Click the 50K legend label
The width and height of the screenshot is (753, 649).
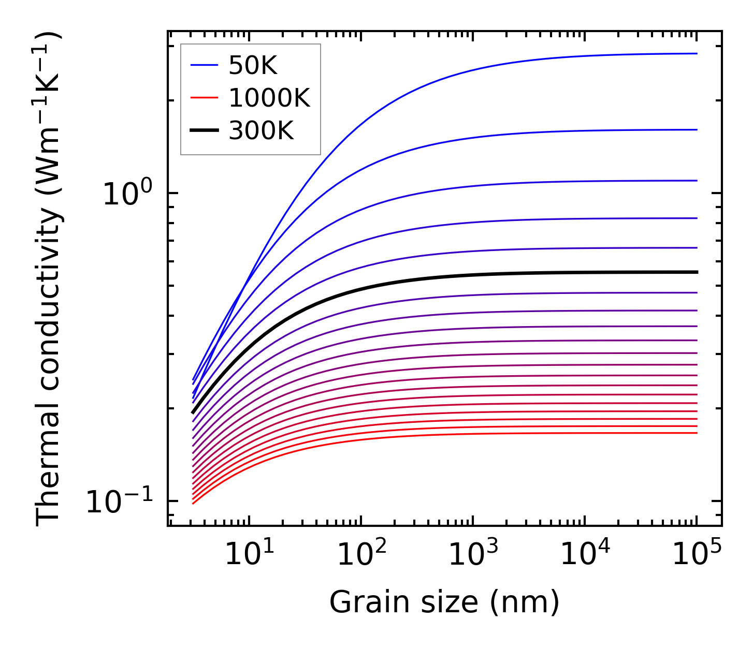[253, 65]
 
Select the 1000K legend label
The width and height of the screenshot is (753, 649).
[269, 98]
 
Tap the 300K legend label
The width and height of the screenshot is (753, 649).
[260, 131]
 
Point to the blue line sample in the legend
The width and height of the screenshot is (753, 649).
[205, 65]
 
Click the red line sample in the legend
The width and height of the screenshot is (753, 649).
[205, 98]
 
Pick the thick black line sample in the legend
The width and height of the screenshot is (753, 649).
[205, 131]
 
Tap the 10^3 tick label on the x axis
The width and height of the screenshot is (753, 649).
[473, 555]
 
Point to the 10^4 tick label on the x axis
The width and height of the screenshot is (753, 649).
[585, 555]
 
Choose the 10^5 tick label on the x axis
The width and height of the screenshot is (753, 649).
[697, 555]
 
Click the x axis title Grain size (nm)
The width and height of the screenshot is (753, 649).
[444, 603]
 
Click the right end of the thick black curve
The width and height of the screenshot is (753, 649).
[697, 272]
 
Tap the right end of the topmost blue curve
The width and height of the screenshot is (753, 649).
[697, 53]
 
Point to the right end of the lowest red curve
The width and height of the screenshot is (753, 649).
[697, 433]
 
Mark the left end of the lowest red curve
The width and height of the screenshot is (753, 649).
[193, 503]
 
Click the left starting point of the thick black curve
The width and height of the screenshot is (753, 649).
[193, 412]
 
